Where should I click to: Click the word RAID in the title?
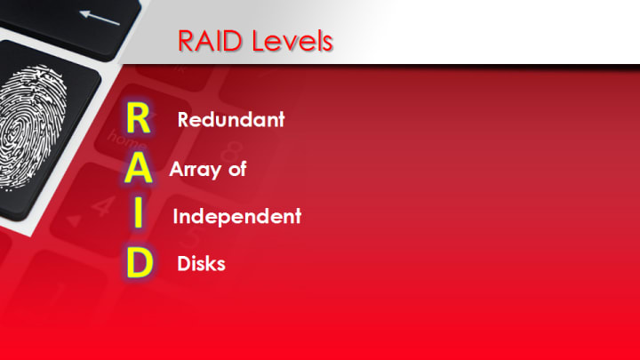coord(210,41)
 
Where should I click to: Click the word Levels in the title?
coord(292,41)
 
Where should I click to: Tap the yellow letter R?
coord(139,118)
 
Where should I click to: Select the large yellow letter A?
coord(139,167)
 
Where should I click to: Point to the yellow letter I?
coord(139,212)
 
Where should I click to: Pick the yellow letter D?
coord(140,262)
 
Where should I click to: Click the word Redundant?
coord(231,120)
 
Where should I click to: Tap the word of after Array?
coord(237,169)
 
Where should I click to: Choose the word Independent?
coord(237,216)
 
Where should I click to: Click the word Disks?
coord(201,264)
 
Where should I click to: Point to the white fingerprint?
coord(31,126)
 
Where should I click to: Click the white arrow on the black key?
coord(100,18)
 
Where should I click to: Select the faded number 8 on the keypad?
coord(233,152)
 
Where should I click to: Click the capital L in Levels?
coord(259,41)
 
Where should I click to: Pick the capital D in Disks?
coord(183,264)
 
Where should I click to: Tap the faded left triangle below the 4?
coord(74,221)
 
